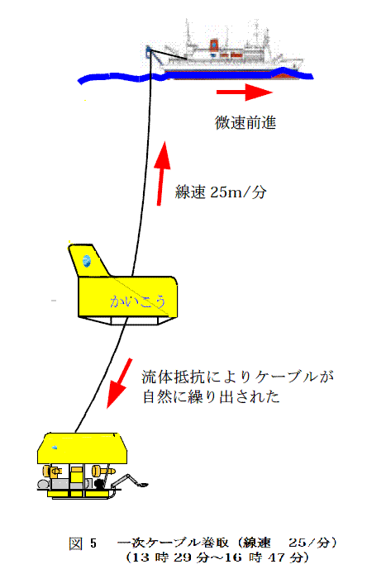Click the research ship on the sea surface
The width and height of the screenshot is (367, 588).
tap(225, 53)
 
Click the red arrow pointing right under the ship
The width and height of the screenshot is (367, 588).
tap(245, 92)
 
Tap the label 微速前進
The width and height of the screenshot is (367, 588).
tap(245, 123)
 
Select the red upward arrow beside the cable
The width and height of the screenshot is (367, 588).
tap(163, 173)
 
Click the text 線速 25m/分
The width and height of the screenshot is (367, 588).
tap(221, 192)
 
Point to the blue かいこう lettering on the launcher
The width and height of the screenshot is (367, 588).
tap(137, 301)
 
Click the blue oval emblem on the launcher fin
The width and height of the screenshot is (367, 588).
tap(87, 261)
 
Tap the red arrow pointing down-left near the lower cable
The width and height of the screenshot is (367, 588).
tap(119, 383)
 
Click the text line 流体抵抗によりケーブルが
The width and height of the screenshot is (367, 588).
tap(237, 377)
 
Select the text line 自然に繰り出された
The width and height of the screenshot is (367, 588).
tap(212, 396)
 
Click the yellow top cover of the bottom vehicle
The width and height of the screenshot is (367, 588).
tap(82, 448)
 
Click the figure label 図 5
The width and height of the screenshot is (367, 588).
tap(83, 543)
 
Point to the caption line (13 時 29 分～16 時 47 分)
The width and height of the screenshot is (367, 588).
tap(217, 557)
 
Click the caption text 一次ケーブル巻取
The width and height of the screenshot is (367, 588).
tap(173, 543)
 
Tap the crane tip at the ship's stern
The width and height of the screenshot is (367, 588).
tap(149, 49)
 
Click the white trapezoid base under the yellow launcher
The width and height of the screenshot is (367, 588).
tap(126, 320)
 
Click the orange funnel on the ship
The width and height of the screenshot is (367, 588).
tap(214, 45)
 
